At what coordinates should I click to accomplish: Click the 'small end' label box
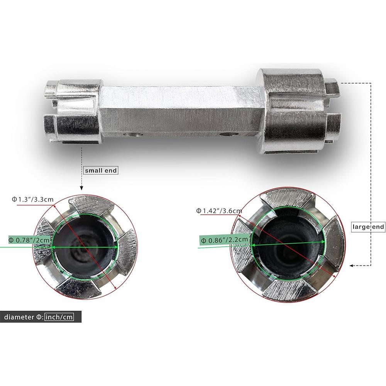pos(101,171)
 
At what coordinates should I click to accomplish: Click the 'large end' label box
pos(368,227)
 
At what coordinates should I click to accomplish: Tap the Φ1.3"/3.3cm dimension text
pos(33,199)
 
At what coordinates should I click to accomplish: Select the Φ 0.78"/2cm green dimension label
pos(30,240)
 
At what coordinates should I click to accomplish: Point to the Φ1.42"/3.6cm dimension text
pos(219,211)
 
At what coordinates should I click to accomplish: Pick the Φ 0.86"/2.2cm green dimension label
pos(224,240)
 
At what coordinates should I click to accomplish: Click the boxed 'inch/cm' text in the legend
pos(59,317)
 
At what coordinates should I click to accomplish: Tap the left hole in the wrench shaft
pos(133,135)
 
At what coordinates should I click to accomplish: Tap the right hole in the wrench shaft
pos(229,134)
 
